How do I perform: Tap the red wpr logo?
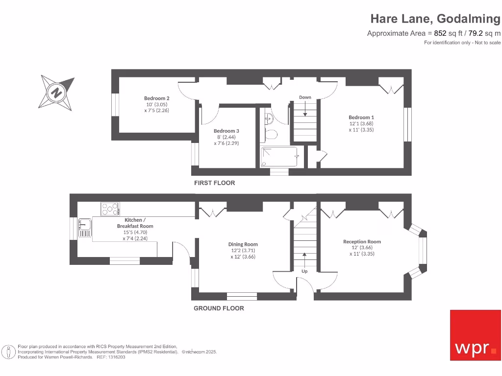pyautogui.click(x=476, y=335)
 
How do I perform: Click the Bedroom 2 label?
pyautogui.click(x=157, y=97)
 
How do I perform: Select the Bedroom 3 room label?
pyautogui.click(x=226, y=131)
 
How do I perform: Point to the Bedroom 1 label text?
pyautogui.click(x=361, y=117)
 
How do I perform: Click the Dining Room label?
pyautogui.click(x=243, y=244)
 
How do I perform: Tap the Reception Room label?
pyautogui.click(x=362, y=241)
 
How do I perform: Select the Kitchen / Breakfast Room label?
pyautogui.click(x=135, y=223)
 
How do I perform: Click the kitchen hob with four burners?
pyautogui.click(x=110, y=209)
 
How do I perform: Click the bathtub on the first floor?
pyautogui.click(x=279, y=157)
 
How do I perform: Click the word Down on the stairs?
pyautogui.click(x=305, y=97)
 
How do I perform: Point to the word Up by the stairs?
pyautogui.click(x=304, y=271)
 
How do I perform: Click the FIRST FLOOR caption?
pyautogui.click(x=214, y=183)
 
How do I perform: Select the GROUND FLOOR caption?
pyautogui.click(x=219, y=308)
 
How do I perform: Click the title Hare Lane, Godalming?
pyautogui.click(x=435, y=19)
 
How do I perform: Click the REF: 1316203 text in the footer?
pyautogui.click(x=111, y=357)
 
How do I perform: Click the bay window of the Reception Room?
pyautogui.click(x=421, y=251)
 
